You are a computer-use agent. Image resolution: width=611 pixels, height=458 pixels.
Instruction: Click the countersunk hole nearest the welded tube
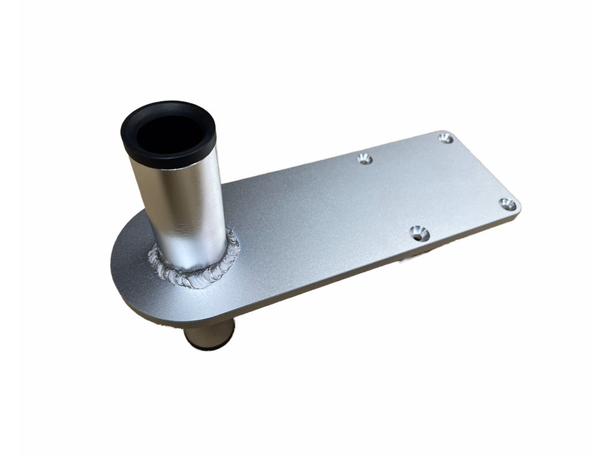click(x=365, y=159)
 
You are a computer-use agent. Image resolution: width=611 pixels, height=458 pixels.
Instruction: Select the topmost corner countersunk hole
click(x=445, y=138)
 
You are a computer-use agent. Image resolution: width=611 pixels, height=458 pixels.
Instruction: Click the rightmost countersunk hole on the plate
click(x=507, y=205)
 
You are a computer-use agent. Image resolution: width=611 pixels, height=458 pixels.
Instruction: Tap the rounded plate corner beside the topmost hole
click(x=457, y=134)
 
